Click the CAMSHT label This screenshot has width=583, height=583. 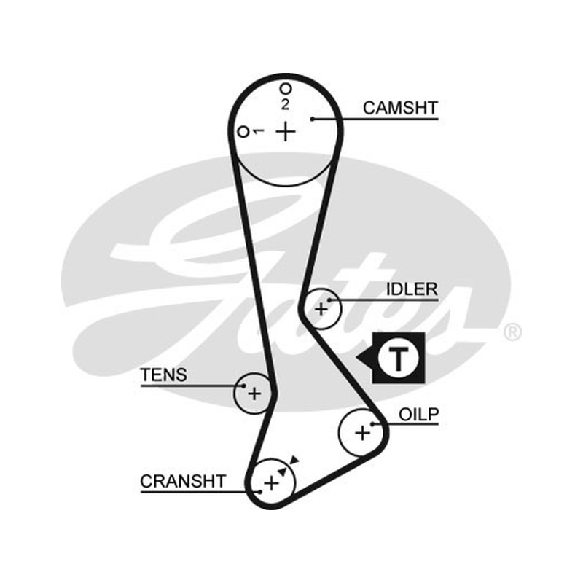pyautogui.click(x=400, y=108)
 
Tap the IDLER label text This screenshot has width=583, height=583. pyautogui.click(x=412, y=289)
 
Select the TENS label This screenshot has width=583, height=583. pyautogui.click(x=163, y=375)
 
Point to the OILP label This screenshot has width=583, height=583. pyautogui.click(x=418, y=414)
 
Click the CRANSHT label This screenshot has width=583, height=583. pyautogui.click(x=183, y=482)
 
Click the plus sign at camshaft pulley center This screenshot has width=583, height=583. pyautogui.click(x=286, y=131)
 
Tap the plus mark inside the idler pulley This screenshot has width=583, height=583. pyautogui.click(x=321, y=309)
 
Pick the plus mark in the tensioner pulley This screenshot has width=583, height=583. pyautogui.click(x=254, y=394)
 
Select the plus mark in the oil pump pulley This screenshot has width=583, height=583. pyautogui.click(x=362, y=433)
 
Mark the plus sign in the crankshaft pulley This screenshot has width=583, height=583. pyautogui.click(x=271, y=483)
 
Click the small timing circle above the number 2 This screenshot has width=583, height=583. pyautogui.click(x=286, y=88)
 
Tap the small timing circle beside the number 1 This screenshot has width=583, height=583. pyautogui.click(x=243, y=132)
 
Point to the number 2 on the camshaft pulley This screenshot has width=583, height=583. pyautogui.click(x=285, y=104)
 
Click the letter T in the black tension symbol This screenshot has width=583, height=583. pyautogui.click(x=398, y=359)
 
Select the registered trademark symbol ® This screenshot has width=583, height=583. pyautogui.click(x=513, y=332)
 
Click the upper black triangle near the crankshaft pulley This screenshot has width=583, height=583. pyautogui.click(x=294, y=460)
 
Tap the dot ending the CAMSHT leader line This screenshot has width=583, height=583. pyautogui.click(x=313, y=119)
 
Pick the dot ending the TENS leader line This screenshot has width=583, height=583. pyautogui.click(x=244, y=386)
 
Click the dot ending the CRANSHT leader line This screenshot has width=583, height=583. pyautogui.click(x=260, y=492)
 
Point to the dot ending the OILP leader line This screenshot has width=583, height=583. pyautogui.click(x=372, y=423)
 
